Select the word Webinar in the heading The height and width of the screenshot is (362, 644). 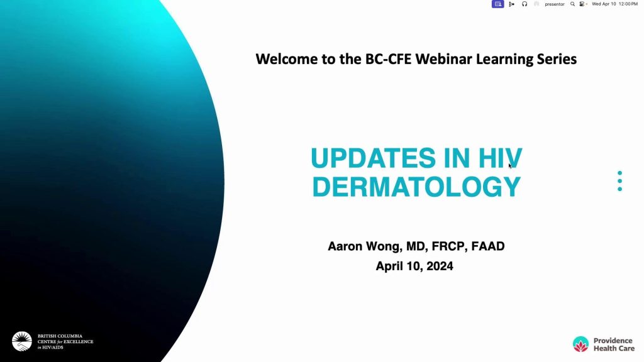[x=443, y=59]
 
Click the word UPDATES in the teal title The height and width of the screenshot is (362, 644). [x=373, y=158]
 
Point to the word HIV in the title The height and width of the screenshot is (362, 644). [x=500, y=158]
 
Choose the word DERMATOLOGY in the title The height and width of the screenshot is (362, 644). [x=416, y=187]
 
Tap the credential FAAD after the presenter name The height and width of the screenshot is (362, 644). [x=488, y=246]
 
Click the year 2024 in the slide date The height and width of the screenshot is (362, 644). [x=440, y=266]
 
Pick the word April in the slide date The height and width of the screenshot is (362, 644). [x=389, y=266]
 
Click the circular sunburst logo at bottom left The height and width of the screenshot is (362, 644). [x=22, y=341]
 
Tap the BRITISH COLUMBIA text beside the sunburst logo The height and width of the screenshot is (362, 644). [x=60, y=336]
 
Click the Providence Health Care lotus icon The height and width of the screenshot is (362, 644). [x=580, y=344]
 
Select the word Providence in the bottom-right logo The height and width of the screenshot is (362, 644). [x=613, y=341]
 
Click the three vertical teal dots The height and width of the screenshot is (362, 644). [x=619, y=181]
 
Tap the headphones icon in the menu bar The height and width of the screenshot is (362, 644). [x=525, y=4]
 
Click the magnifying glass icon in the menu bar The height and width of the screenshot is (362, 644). [x=572, y=4]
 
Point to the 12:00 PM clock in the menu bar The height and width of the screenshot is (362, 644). [x=628, y=4]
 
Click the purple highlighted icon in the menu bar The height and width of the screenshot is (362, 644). [x=498, y=4]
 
